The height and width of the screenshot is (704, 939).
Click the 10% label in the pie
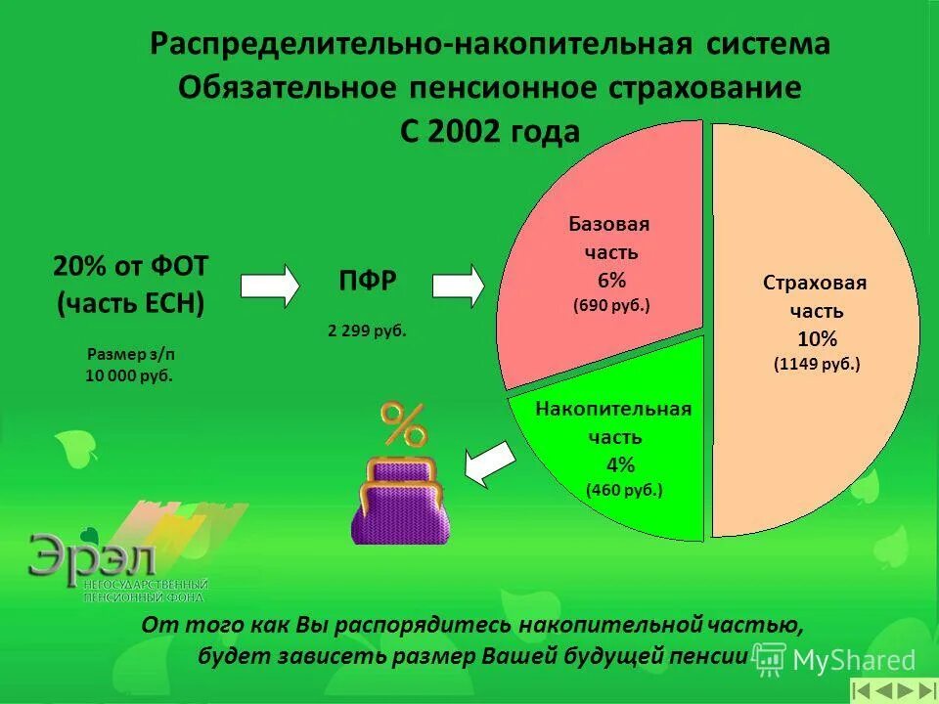817,339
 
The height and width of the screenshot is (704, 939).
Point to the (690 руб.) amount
611,305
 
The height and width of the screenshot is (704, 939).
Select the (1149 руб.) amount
817,365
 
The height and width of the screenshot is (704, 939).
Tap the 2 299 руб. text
367,330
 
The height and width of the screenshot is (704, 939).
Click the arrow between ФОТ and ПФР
270,285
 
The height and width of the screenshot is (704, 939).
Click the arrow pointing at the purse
489,462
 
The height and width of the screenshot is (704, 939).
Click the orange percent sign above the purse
403,424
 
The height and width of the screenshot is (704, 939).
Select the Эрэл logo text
92,558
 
